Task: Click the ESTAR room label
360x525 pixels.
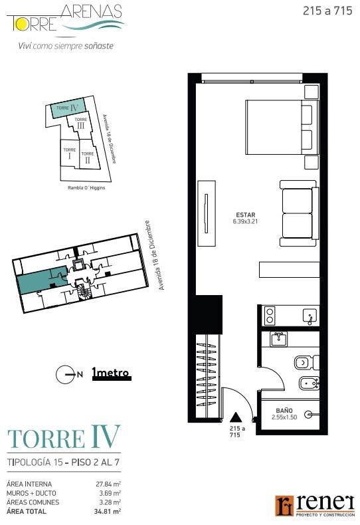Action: coord(246,215)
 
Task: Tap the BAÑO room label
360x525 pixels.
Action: coord(284,411)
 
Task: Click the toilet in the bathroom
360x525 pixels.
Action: coord(307,363)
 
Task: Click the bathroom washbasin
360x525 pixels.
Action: coord(279,340)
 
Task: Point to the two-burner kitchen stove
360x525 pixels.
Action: coord(270,316)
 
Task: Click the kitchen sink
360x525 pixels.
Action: coord(310,316)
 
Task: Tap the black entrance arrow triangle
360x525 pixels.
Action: coord(236,417)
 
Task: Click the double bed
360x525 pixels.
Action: coord(282,127)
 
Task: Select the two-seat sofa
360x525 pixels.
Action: coord(299,213)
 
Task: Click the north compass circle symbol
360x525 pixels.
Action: coord(64,374)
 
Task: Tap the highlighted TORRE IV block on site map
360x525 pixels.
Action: coord(67,109)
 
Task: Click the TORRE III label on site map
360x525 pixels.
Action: coord(80,123)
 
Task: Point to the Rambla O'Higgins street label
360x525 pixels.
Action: coord(86,188)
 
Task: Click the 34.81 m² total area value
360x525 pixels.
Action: coord(108,511)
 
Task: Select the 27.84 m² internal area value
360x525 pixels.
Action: coord(108,484)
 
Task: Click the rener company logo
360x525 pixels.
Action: coord(315,506)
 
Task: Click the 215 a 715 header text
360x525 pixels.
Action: coord(327,11)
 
